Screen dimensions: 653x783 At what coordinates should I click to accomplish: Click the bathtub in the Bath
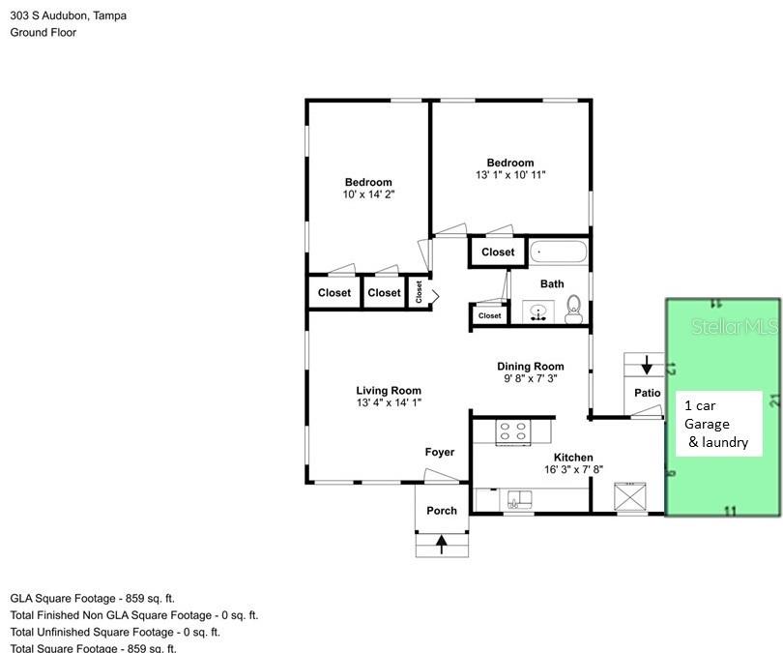[558, 252]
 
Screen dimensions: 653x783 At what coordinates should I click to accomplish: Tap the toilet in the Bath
[573, 309]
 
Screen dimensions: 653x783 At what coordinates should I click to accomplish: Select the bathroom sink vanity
[538, 312]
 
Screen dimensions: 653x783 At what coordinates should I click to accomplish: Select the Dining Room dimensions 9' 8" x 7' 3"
[530, 379]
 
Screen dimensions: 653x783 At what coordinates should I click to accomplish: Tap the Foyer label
[439, 452]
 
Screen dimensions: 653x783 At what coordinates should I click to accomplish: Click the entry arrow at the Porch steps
[442, 544]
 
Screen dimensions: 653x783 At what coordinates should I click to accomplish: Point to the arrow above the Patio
[646, 366]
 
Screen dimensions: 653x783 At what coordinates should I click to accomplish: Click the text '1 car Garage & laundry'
[716, 424]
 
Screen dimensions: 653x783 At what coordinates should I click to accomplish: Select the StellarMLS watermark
[735, 328]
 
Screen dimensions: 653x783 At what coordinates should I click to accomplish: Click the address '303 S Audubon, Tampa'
[68, 15]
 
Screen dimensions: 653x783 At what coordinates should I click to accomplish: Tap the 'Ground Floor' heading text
[43, 32]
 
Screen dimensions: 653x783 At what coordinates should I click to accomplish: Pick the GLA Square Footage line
[93, 599]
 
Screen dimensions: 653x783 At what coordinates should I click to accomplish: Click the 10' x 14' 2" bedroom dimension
[368, 194]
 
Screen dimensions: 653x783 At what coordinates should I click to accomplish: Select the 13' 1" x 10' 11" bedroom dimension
[510, 175]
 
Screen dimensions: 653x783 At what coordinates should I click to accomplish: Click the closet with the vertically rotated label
[420, 292]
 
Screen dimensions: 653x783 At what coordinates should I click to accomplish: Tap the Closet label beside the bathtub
[498, 252]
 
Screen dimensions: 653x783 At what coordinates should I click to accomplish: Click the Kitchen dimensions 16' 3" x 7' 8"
[573, 470]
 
